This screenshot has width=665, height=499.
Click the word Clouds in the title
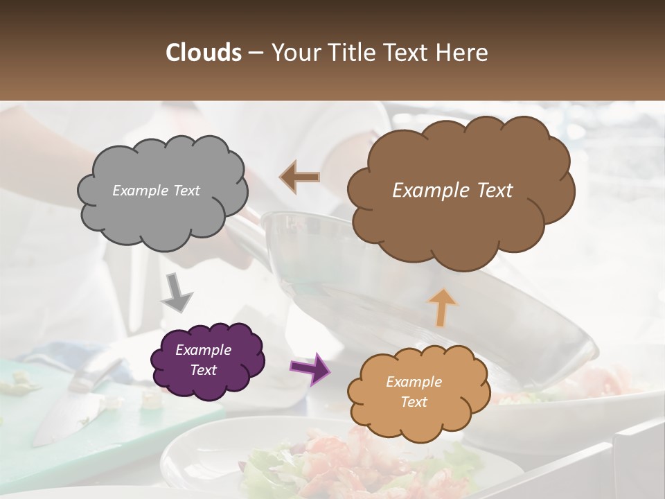pos(204,53)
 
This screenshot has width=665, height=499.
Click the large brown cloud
pos(457,229)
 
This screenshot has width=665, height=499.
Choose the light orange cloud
pos(416,416)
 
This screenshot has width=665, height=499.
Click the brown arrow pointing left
pos(299,177)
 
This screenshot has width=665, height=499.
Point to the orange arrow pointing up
pos(443,307)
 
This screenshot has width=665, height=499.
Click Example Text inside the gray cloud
pos(156,191)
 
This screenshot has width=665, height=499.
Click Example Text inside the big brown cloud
pos(452,191)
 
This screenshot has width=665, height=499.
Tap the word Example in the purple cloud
pos(203,350)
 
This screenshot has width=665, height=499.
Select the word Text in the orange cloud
pos(414,402)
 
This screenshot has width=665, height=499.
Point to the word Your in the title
pos(293,53)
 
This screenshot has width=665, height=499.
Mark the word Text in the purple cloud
pos(203,370)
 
